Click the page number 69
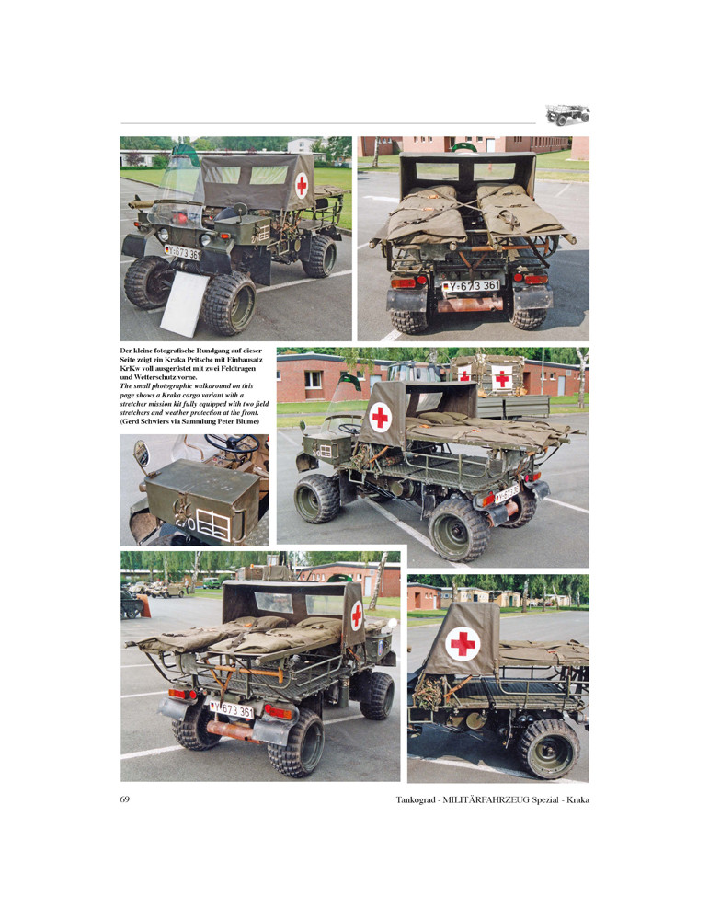(x=124, y=799)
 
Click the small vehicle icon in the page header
(x=567, y=114)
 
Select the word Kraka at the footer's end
(x=577, y=799)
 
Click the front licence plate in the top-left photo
(x=182, y=252)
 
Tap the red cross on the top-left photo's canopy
(x=302, y=186)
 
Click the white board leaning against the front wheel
(x=184, y=304)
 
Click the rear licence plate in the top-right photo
(x=472, y=286)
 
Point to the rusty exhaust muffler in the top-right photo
(x=470, y=305)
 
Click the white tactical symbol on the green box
(x=212, y=524)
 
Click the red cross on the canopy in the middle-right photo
(x=380, y=417)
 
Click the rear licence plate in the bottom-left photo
(x=233, y=709)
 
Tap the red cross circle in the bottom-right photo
(x=463, y=644)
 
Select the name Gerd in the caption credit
(x=132, y=421)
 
